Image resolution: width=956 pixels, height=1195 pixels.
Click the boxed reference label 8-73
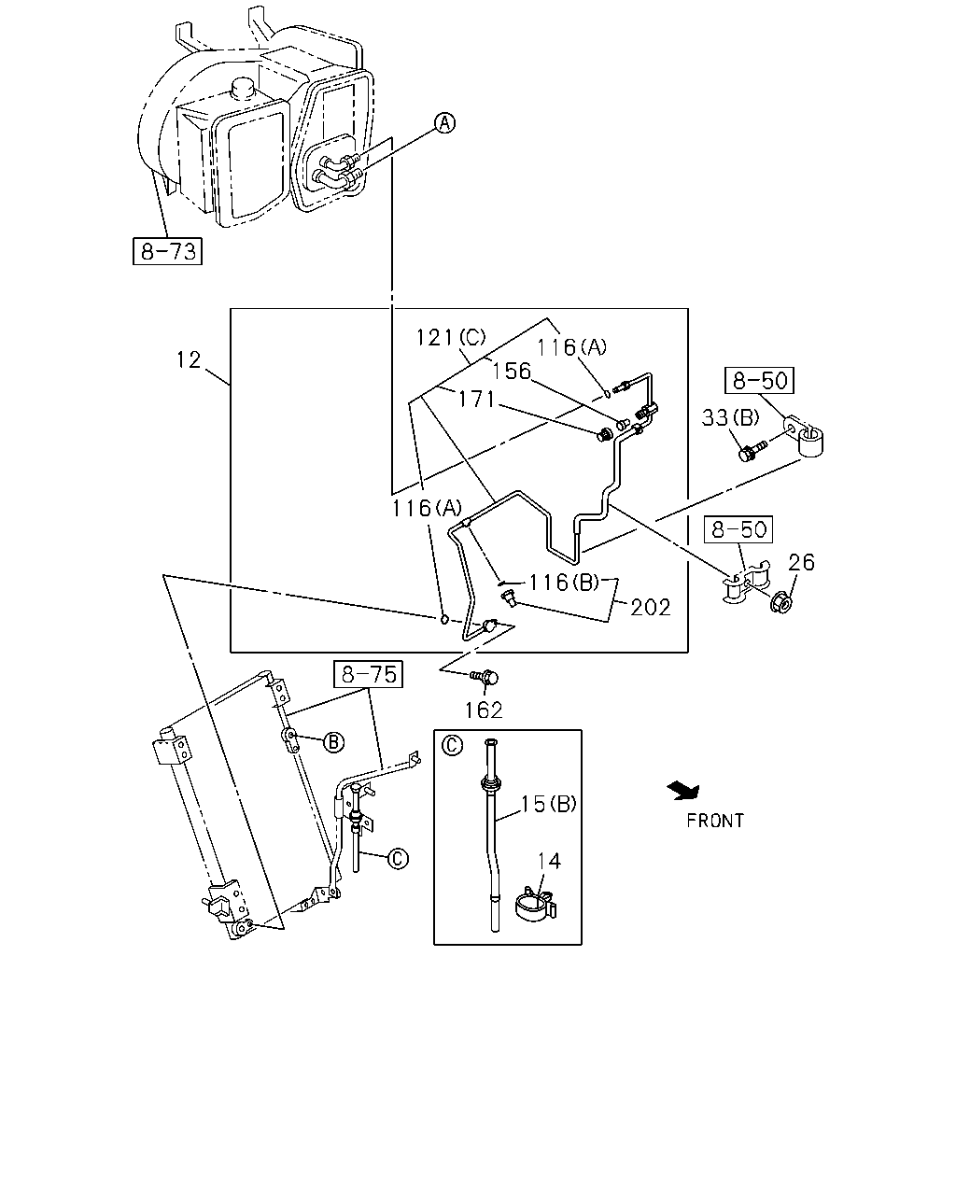point(167,251)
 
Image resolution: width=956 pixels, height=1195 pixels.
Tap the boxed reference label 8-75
point(368,674)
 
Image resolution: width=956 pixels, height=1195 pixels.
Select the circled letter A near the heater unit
point(444,122)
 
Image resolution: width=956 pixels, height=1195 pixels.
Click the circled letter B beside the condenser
point(333,742)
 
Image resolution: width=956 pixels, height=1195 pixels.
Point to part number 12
point(189,359)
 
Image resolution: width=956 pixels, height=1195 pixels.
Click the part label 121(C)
point(451,337)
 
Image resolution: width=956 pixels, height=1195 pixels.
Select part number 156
point(512,371)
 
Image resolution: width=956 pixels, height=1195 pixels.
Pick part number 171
point(476,399)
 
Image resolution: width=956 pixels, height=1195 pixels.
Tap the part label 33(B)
point(730,417)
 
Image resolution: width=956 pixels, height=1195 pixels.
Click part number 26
point(802,563)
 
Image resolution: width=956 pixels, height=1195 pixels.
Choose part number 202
point(651,608)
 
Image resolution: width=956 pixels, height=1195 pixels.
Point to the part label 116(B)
point(565,583)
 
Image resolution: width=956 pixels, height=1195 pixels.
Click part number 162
point(484,710)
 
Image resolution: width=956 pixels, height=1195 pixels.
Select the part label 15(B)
point(549,804)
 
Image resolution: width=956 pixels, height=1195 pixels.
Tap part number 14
point(549,862)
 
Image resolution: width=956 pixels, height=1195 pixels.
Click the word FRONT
point(715,821)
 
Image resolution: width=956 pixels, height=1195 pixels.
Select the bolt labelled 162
point(484,678)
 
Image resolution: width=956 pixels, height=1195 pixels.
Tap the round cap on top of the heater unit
point(243,88)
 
